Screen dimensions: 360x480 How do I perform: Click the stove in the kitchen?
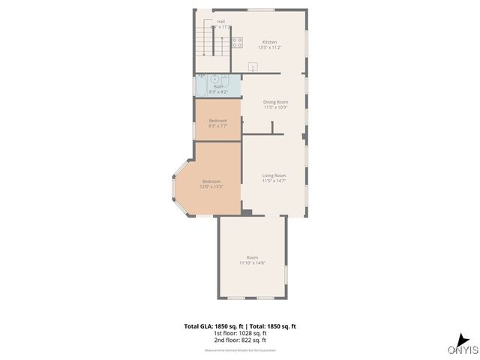click(x=237, y=43)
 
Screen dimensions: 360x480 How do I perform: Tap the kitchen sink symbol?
click(x=253, y=67)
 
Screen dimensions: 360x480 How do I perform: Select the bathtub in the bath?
click(x=201, y=86)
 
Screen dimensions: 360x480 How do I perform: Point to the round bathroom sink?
click(x=214, y=78)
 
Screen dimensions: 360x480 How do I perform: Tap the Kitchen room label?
click(x=269, y=42)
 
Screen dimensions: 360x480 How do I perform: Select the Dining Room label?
click(x=275, y=102)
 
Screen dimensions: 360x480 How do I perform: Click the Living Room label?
click(x=274, y=175)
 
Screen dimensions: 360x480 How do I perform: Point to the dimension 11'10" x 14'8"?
click(x=252, y=263)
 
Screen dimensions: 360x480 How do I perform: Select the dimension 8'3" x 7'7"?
click(x=217, y=126)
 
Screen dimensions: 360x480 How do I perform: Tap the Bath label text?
click(x=218, y=86)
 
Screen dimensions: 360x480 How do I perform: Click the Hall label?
click(x=221, y=22)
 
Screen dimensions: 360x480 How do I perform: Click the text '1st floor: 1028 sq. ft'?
click(x=240, y=334)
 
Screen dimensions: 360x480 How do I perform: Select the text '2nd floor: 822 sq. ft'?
click(x=240, y=340)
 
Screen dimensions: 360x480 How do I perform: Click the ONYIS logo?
click(x=463, y=345)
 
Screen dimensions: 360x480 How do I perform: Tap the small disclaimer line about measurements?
click(x=240, y=350)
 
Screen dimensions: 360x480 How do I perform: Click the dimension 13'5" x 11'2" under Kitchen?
click(x=269, y=48)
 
